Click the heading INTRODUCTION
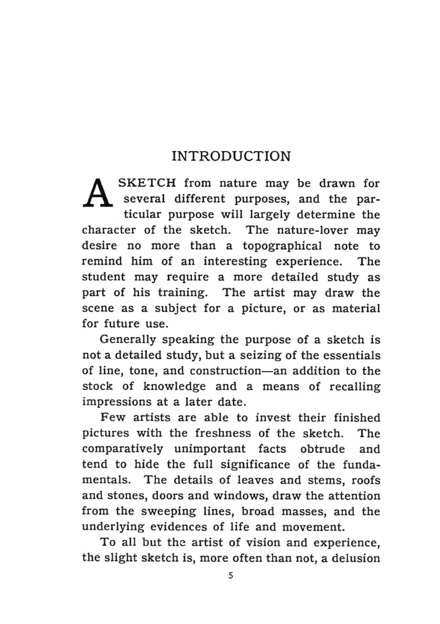231,156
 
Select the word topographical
282,246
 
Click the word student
103,277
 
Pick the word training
182,293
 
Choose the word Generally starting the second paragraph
128,340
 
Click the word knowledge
174,386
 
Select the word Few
110,418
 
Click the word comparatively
122,449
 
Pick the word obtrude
323,449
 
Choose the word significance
255,465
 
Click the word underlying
113,527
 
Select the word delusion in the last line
356,558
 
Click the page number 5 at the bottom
231,576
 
